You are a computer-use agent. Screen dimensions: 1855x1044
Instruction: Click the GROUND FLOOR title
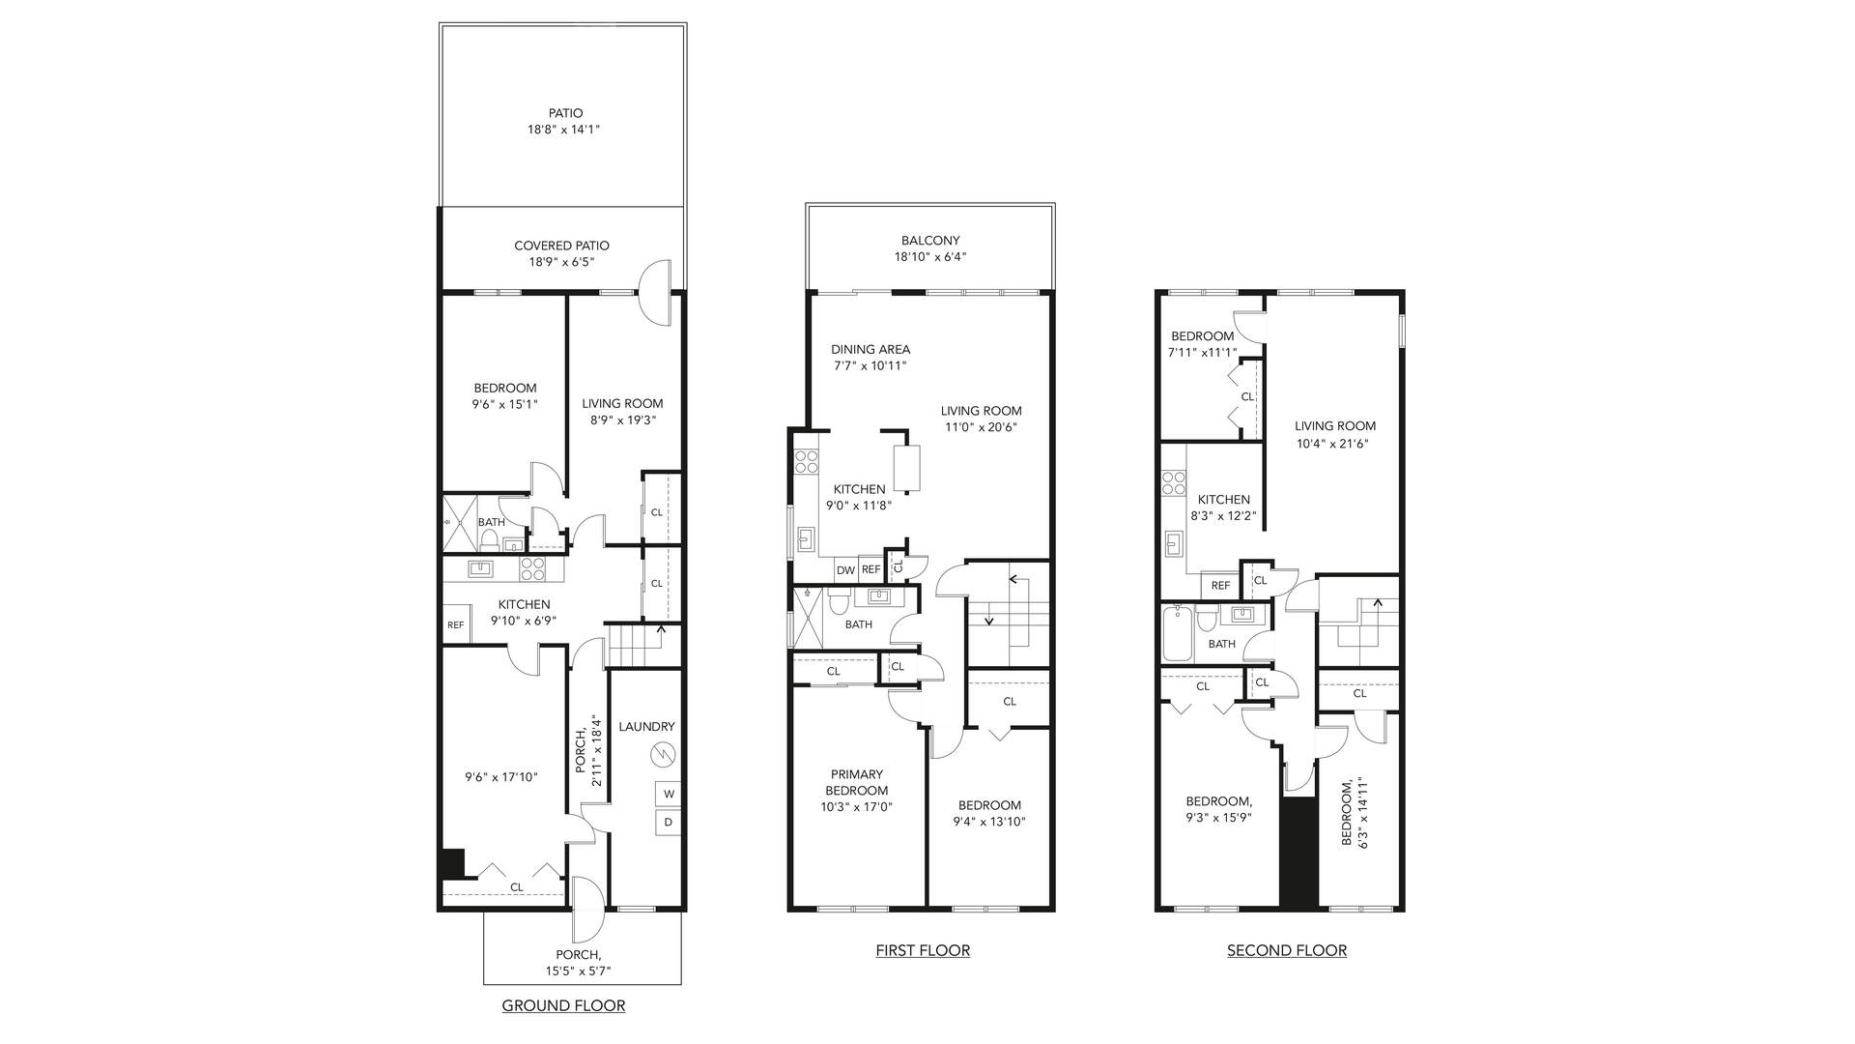coord(563,1006)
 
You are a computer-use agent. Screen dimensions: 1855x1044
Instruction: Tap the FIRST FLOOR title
coord(923,950)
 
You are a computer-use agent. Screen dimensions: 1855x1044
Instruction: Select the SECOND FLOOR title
coord(1287,950)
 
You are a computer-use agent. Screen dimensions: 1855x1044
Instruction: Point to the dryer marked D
coord(668,823)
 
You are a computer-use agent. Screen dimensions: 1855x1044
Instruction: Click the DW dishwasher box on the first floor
coord(845,570)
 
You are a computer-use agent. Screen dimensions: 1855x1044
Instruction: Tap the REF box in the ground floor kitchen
coord(455,624)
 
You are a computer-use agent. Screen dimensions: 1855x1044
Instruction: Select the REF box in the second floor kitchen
coord(1220,586)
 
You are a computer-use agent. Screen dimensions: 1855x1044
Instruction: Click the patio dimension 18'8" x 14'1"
coord(565,129)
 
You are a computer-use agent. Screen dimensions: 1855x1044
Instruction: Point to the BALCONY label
coord(930,241)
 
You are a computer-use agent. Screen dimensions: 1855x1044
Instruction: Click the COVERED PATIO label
coord(561,246)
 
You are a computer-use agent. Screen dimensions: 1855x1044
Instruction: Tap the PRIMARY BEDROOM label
coord(856,782)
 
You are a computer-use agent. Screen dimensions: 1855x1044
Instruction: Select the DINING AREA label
coord(870,350)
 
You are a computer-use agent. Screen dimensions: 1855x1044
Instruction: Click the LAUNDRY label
coord(646,727)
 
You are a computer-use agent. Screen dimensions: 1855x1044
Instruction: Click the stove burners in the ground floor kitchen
coord(532,568)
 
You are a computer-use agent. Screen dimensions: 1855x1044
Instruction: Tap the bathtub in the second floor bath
coord(1178,633)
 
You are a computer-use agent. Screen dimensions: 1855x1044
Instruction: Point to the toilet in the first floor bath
coord(840,602)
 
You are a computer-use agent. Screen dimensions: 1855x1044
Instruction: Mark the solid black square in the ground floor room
coord(452,863)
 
